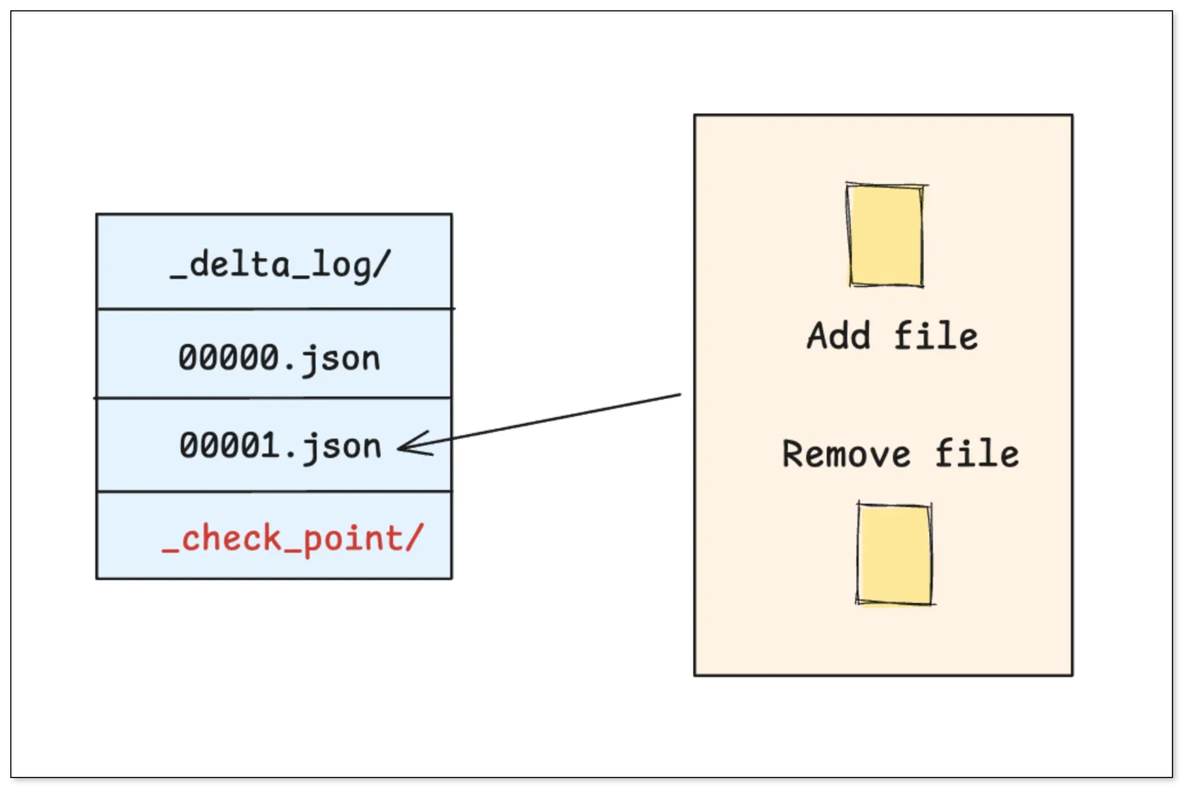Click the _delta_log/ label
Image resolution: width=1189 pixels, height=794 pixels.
(x=281, y=265)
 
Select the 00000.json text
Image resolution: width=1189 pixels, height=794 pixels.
(x=279, y=358)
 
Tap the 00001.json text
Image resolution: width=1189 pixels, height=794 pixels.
(x=280, y=446)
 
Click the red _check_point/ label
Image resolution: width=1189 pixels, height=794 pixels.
(x=293, y=538)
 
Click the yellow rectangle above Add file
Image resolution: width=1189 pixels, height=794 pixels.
(x=886, y=236)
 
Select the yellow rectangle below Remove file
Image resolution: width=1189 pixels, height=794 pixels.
(x=895, y=554)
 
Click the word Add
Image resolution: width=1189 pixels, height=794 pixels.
(x=839, y=335)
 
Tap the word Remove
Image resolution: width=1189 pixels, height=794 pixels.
(x=846, y=454)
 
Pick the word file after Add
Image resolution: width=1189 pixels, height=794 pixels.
(x=936, y=335)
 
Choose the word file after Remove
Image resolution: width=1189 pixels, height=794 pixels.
(x=978, y=453)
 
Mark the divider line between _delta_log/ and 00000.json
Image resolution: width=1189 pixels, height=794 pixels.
(x=274, y=308)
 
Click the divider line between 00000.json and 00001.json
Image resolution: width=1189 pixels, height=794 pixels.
(x=273, y=397)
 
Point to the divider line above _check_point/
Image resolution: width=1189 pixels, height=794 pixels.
(x=274, y=492)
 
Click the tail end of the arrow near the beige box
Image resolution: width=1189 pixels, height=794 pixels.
(x=680, y=394)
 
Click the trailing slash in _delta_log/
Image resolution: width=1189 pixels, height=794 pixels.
(x=381, y=264)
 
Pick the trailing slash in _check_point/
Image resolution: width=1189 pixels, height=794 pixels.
(x=415, y=537)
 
